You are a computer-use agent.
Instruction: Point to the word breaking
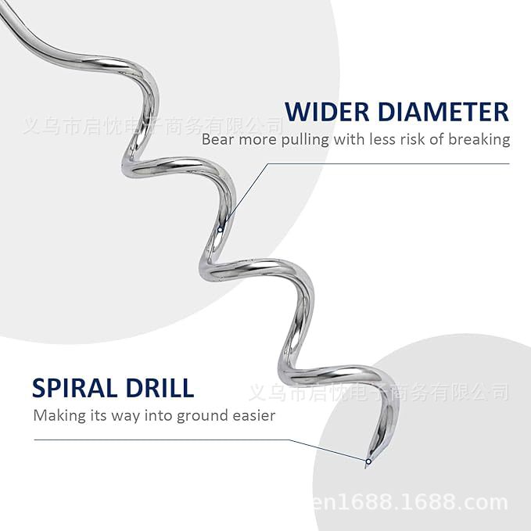(479, 140)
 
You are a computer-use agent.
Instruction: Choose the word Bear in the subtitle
(217, 140)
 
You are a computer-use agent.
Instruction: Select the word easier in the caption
(253, 416)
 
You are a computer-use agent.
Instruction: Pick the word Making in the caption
(58, 416)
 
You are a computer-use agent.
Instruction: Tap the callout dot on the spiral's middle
(221, 230)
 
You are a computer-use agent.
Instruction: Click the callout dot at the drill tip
(368, 461)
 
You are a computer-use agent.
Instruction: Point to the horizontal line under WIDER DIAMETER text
(391, 163)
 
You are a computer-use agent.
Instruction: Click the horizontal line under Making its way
(156, 440)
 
